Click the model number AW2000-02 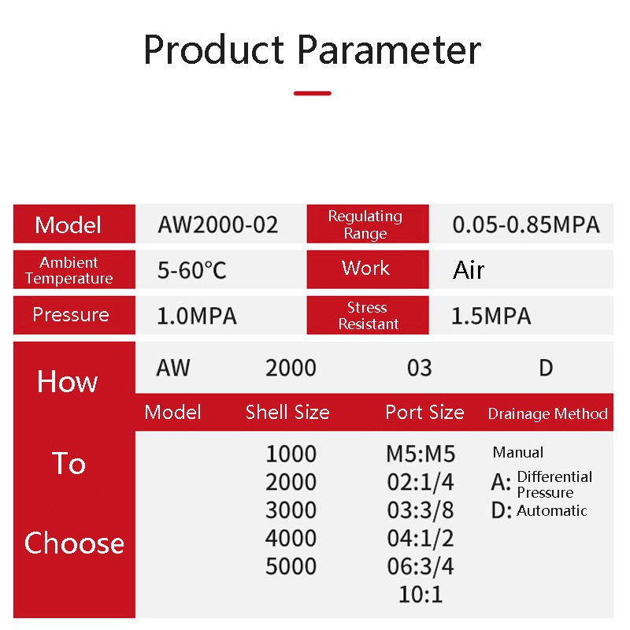(217, 224)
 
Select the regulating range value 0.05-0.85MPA (526, 224)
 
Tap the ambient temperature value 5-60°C (191, 270)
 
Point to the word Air (469, 269)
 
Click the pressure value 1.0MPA (196, 316)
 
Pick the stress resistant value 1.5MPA (491, 316)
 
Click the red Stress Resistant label (368, 316)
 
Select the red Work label (368, 269)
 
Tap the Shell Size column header (287, 412)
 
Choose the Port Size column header (424, 412)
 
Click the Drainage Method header (547, 413)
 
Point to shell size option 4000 (291, 538)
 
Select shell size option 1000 (291, 454)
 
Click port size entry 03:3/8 (421, 510)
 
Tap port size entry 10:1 (421, 595)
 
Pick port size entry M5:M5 (421, 454)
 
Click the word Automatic (552, 510)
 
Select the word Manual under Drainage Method (518, 452)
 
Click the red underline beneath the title (312, 93)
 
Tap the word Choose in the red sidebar (74, 543)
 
